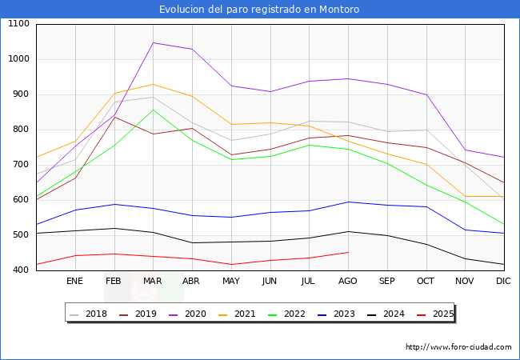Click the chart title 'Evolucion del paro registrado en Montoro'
tap(259, 10)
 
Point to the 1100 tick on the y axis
tap(18, 24)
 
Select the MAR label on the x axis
tap(153, 282)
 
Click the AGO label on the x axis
tap(348, 282)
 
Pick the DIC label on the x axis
tap(503, 282)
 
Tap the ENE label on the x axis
tap(74, 282)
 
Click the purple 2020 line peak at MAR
tap(153, 42)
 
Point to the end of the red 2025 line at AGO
tap(348, 252)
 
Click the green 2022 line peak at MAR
tap(153, 110)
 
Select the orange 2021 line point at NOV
tap(464, 196)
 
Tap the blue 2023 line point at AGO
tap(348, 202)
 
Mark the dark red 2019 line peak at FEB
tap(114, 117)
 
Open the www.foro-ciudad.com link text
tap(458, 347)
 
